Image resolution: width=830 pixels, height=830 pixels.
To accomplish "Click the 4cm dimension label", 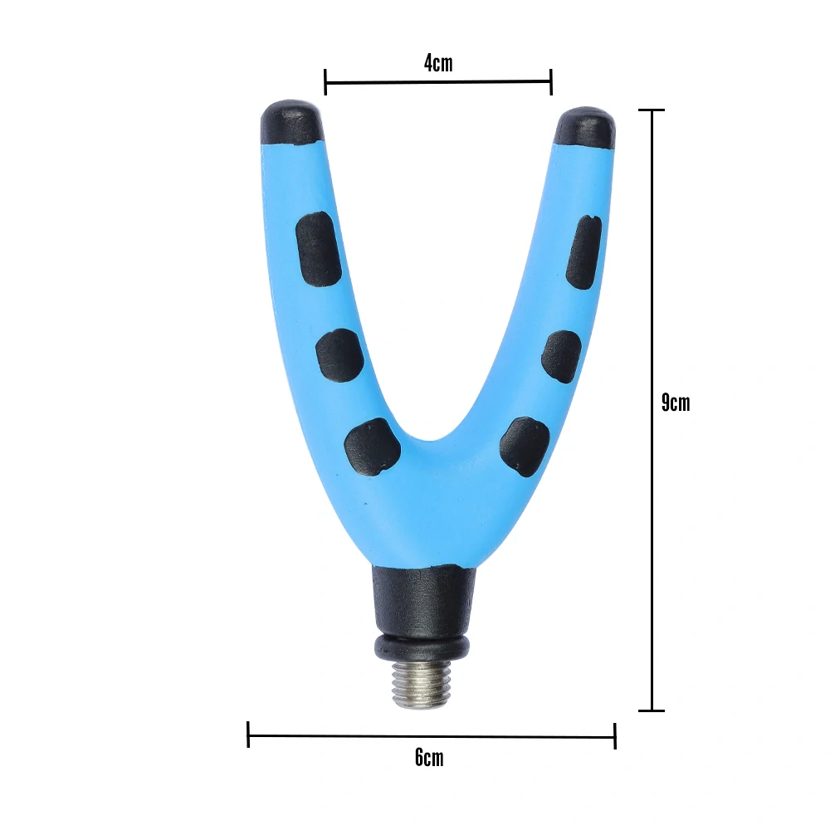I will pos(438,63).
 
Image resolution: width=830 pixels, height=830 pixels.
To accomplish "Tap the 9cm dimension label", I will pos(676,403).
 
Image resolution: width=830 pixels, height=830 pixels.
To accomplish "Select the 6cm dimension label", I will pos(429,757).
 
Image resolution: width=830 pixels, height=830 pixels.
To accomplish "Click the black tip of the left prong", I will pos(291,122).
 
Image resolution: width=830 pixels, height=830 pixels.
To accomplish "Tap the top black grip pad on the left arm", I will pos(319,248).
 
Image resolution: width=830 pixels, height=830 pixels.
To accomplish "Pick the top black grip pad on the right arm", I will pos(584,251).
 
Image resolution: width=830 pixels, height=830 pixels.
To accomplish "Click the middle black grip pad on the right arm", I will pos(561,357).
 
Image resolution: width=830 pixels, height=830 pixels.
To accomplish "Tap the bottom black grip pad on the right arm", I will pos(525,447).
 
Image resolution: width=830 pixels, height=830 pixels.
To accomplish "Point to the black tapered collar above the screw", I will pos(423,600).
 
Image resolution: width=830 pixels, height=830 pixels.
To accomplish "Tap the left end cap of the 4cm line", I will pos(325,81).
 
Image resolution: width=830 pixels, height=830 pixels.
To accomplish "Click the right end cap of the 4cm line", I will pos(551,81).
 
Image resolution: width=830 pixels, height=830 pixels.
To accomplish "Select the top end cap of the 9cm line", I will pos(652,110).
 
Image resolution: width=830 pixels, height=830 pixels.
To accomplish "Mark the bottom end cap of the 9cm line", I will pos(652,710).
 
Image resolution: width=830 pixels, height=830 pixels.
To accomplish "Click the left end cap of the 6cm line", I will pos(248,735).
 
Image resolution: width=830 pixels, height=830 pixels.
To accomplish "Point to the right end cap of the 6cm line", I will pos(615,735).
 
